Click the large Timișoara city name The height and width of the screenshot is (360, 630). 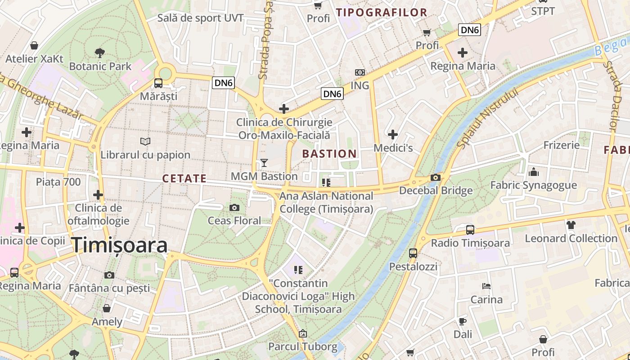click(x=120, y=245)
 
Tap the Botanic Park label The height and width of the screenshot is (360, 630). click(x=100, y=66)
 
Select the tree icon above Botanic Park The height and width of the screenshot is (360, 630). click(x=100, y=53)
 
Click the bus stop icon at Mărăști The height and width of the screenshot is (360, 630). click(x=158, y=83)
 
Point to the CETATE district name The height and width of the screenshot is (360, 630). click(x=184, y=179)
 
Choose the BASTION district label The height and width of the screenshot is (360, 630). click(x=329, y=153)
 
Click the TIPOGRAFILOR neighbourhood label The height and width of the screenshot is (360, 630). click(x=382, y=13)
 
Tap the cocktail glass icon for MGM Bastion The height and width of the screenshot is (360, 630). click(x=264, y=163)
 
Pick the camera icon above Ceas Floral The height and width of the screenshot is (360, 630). click(x=234, y=207)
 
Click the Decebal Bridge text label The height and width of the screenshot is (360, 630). click(x=436, y=190)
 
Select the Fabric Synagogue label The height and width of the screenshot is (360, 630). click(x=533, y=185)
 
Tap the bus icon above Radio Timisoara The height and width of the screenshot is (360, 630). click(x=470, y=230)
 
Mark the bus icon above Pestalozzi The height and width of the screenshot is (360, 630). click(x=413, y=253)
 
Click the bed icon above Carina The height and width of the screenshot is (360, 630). click(x=486, y=286)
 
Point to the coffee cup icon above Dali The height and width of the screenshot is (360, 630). click(x=463, y=321)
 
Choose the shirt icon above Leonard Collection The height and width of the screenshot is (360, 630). click(x=571, y=225)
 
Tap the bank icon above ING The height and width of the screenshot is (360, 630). click(x=360, y=72)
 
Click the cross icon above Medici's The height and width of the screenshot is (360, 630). click(x=393, y=134)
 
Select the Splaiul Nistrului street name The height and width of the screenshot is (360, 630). click(x=488, y=118)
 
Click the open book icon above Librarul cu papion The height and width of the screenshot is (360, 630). click(x=145, y=142)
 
